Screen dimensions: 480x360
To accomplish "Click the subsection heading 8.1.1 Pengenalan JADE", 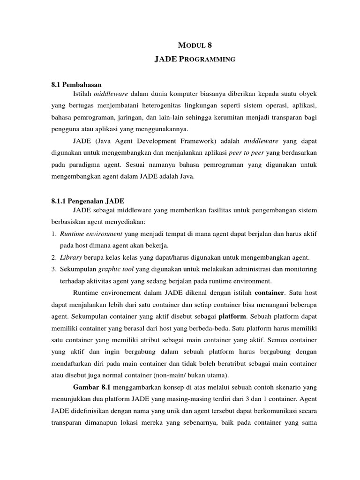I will tap(87, 200).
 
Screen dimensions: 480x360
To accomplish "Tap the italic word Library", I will tap(69, 257).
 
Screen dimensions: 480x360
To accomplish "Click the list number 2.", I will tap(54, 257).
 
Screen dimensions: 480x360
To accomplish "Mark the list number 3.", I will tap(54, 269).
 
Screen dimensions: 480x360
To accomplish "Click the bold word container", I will tap(269, 293).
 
